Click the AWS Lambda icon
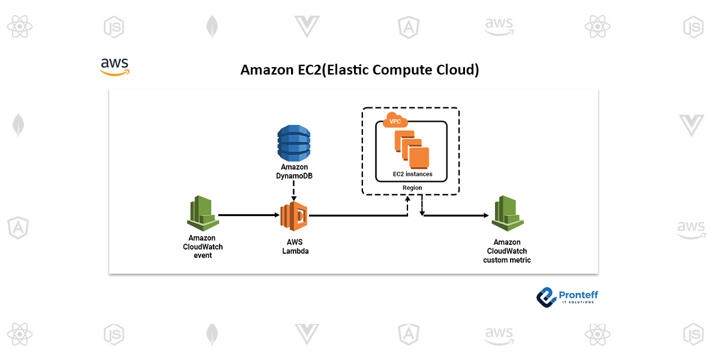point(294,215)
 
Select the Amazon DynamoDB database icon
point(294,142)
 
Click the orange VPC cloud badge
point(395,119)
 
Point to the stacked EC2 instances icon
point(412,149)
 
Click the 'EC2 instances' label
point(412,174)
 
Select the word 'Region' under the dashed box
point(412,188)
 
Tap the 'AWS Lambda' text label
point(295,247)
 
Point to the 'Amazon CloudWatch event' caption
point(202,247)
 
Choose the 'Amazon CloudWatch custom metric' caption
point(507,251)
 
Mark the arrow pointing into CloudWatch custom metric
point(456,215)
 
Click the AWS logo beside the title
point(115,67)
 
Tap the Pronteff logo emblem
point(547,296)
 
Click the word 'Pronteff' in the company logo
point(578,294)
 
